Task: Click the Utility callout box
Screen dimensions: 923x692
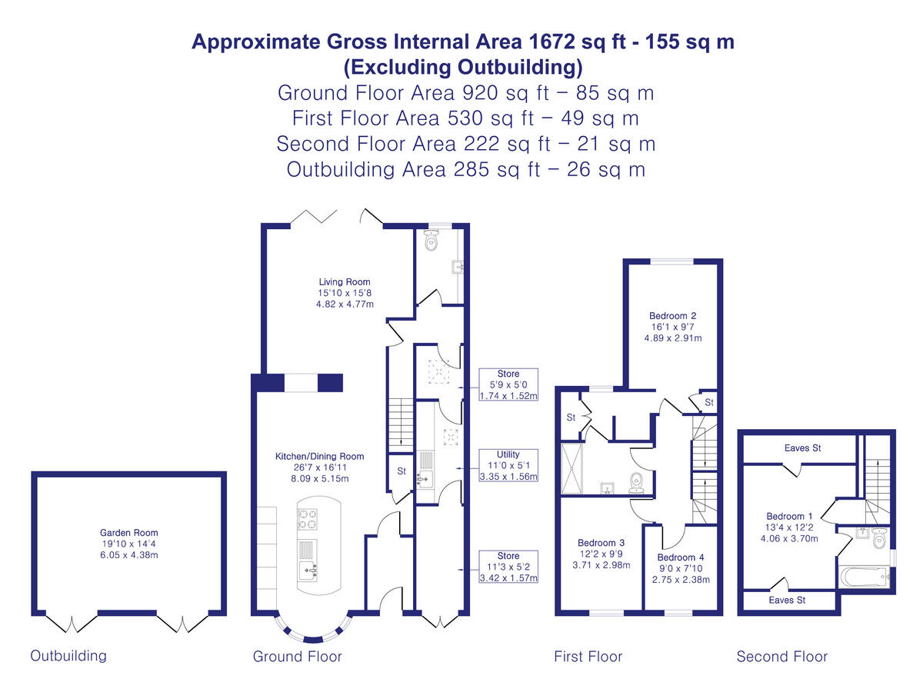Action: coord(508,465)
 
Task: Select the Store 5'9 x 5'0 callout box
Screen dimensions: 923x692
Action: coord(508,384)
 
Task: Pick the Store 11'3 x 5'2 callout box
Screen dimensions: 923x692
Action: coord(508,567)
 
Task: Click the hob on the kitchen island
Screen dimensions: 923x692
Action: coord(308,519)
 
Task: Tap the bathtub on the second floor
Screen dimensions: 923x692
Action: coord(865,577)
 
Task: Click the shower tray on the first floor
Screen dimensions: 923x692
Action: coord(572,468)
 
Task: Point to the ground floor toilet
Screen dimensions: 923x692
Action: coord(432,240)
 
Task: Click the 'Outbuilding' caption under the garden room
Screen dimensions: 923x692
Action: coord(68,655)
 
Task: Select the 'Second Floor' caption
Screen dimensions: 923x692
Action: coord(782,657)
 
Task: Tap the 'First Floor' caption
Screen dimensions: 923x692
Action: coord(588,657)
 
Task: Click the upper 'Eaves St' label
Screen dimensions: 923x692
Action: coord(802,448)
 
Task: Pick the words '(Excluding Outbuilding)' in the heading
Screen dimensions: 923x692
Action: coord(463,67)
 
